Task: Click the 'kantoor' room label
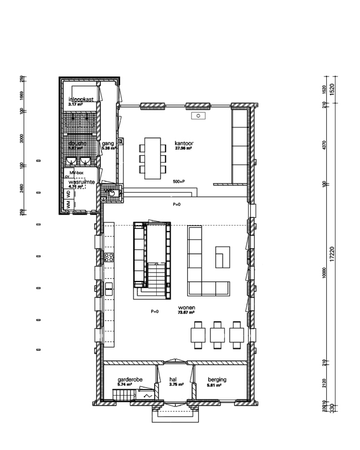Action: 183,142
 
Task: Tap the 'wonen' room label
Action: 186,307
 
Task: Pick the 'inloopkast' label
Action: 79,99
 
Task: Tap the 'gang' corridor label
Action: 107,144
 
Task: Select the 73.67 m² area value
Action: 186,313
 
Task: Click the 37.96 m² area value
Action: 183,149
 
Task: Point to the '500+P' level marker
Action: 178,182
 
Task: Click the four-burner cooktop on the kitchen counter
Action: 109,257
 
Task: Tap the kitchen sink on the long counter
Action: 109,287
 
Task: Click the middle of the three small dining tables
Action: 217,335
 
